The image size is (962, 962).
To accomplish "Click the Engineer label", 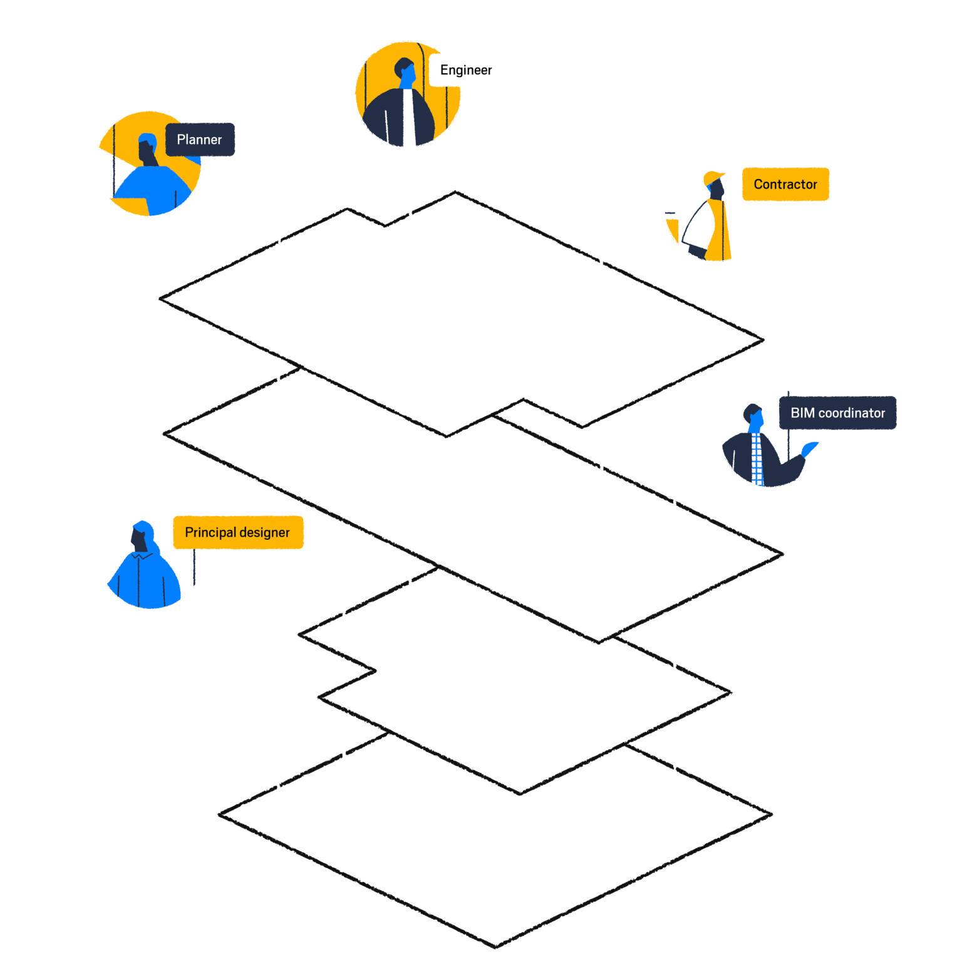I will (x=467, y=70).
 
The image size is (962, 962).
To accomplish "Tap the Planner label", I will (x=200, y=140).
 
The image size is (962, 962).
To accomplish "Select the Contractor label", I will (x=785, y=184).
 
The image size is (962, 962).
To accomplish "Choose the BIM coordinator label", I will (x=837, y=413).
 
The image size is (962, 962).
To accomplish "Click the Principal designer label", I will (x=238, y=532).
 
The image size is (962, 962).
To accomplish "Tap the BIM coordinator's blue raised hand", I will (x=810, y=448).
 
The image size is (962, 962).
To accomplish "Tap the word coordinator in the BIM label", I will (x=852, y=413).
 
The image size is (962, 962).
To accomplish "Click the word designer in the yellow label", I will (x=264, y=533).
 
